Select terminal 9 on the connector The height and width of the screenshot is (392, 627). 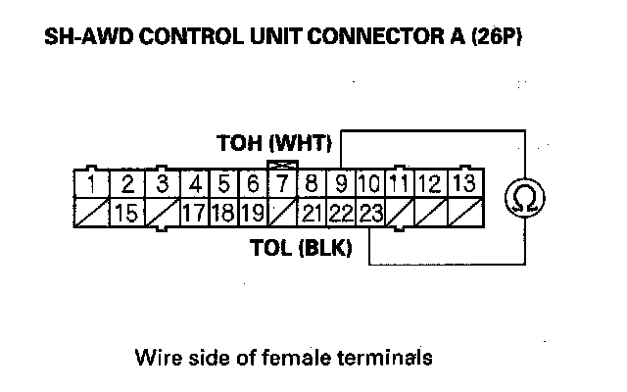pyautogui.click(x=342, y=183)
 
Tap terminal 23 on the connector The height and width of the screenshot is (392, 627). pyautogui.click(x=370, y=211)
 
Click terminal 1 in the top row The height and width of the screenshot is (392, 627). pyautogui.click(x=90, y=183)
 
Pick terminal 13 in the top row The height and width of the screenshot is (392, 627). pyautogui.click(x=465, y=183)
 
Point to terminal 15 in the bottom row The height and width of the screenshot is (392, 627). pyautogui.click(x=125, y=211)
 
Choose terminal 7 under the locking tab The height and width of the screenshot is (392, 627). pyautogui.click(x=282, y=183)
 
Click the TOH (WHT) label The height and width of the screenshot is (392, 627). pyautogui.click(x=274, y=144)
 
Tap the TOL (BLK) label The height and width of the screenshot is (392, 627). pyautogui.click(x=308, y=249)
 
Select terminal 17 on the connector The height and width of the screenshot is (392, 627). pyautogui.click(x=194, y=211)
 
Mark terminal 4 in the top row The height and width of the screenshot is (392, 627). pyautogui.click(x=195, y=183)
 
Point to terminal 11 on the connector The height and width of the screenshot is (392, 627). pyautogui.click(x=399, y=183)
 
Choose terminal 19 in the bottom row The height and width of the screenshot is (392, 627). pyautogui.click(x=252, y=211)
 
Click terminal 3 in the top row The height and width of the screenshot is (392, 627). pyautogui.click(x=162, y=183)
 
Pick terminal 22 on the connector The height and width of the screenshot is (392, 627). pyautogui.click(x=341, y=211)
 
